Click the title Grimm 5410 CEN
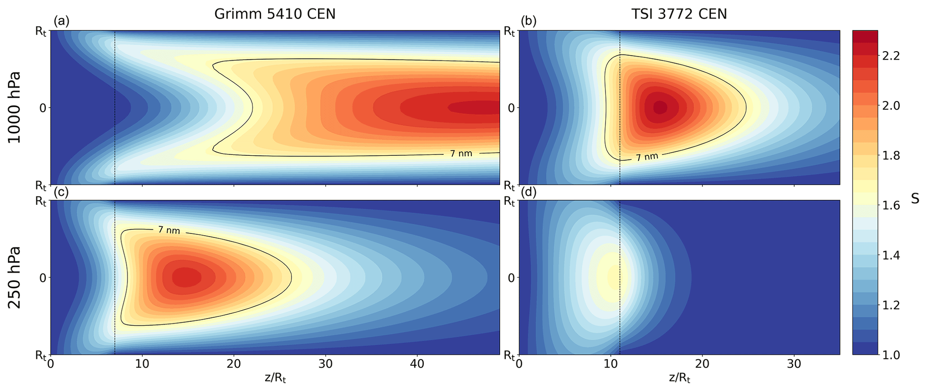pyautogui.click(x=274, y=14)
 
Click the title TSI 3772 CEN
pyautogui.click(x=679, y=14)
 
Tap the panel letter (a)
pyautogui.click(x=61, y=22)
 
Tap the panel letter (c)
pyautogui.click(x=61, y=192)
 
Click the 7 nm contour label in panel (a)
pyautogui.click(x=461, y=154)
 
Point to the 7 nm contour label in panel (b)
pyautogui.click(x=647, y=157)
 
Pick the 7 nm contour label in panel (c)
pyautogui.click(x=169, y=230)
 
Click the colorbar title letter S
pyautogui.click(x=915, y=198)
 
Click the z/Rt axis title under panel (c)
pyautogui.click(x=275, y=378)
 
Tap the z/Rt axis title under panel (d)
pyautogui.click(x=679, y=378)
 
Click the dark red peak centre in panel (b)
pyautogui.click(x=660, y=107)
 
